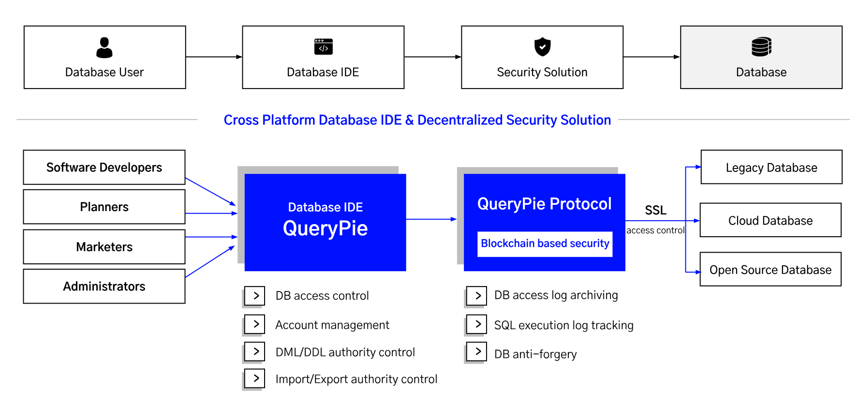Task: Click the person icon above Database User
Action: pos(104,47)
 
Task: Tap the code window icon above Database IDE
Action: pos(323,47)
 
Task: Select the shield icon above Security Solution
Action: pos(542,47)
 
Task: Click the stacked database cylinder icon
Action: pos(761,47)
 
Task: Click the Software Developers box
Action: pos(104,168)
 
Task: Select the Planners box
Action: pos(104,207)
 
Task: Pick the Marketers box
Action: pos(104,247)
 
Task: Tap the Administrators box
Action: pos(104,287)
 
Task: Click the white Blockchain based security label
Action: pos(545,244)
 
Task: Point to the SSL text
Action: pos(655,210)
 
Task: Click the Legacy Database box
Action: pos(771,168)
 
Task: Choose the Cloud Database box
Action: pos(770,221)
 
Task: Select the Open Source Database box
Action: pos(770,270)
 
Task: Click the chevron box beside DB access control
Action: pos(255,295)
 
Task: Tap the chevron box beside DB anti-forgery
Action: pos(476,351)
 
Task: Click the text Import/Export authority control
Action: pos(356,379)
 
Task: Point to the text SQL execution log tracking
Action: pos(563,325)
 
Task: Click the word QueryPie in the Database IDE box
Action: pos(325,229)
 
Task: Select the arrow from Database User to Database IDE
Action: pos(214,57)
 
